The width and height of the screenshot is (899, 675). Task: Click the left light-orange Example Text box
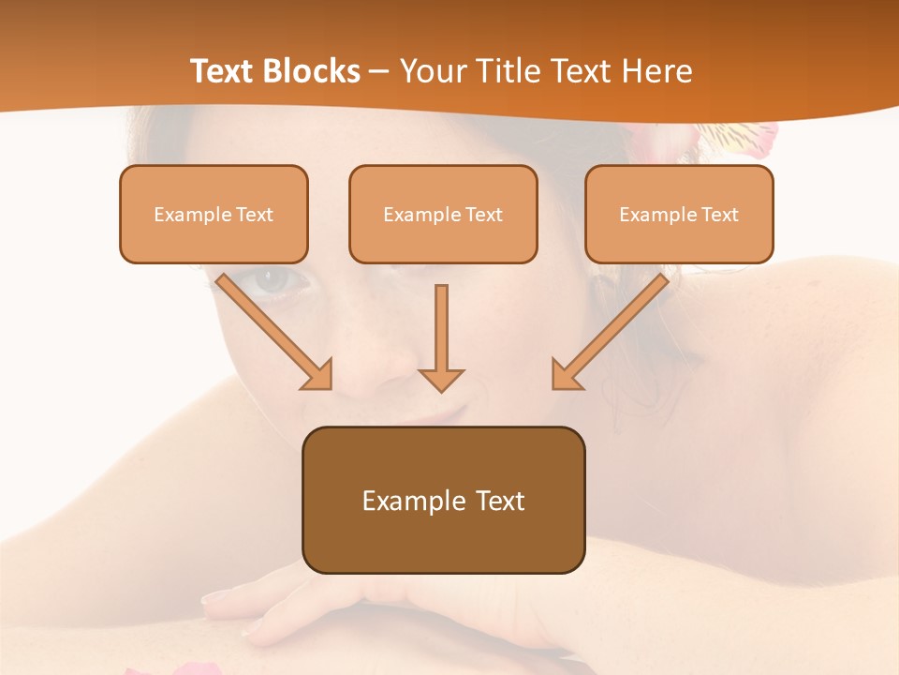click(214, 215)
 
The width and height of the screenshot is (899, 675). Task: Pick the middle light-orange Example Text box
click(443, 215)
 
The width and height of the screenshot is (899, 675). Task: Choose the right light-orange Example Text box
click(679, 215)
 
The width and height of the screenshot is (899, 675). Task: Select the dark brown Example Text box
click(443, 500)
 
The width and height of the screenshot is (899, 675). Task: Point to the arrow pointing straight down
click(441, 337)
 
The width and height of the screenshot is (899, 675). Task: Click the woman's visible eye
click(273, 278)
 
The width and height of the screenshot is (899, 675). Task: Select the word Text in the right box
click(719, 215)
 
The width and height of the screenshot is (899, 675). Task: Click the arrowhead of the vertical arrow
click(441, 378)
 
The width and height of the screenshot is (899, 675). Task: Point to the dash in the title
click(380, 72)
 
